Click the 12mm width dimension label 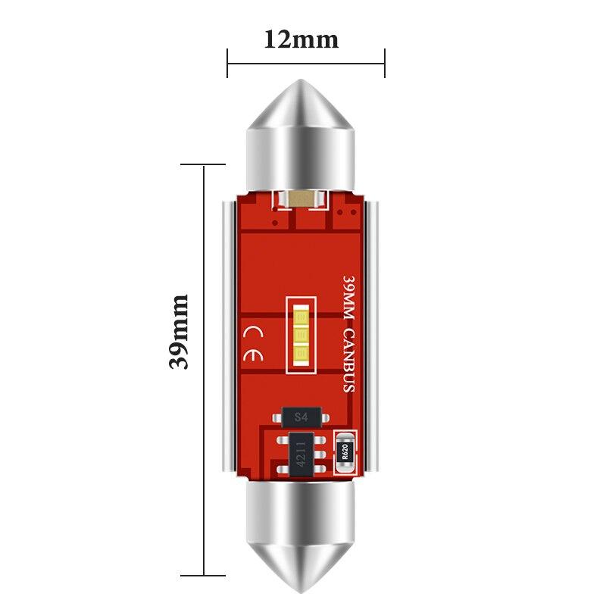(x=301, y=38)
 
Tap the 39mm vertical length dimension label (x=179, y=332)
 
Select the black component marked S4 (x=301, y=417)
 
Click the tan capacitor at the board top (x=301, y=199)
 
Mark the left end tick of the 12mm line (x=227, y=63)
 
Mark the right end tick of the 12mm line (x=385, y=63)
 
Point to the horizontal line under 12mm (x=306, y=63)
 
